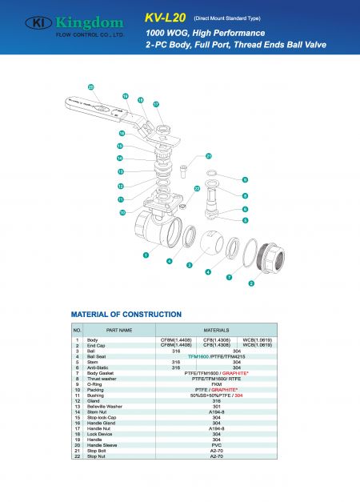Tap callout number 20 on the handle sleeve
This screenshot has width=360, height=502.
(90, 86)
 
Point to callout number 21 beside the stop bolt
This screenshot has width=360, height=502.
(209, 156)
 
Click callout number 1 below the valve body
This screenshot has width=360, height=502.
(146, 255)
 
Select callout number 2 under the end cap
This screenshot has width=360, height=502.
(251, 283)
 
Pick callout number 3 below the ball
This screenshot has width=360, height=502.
(189, 265)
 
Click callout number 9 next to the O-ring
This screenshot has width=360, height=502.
(245, 179)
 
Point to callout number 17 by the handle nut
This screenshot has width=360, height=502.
(156, 105)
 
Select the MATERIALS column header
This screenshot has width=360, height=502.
(216, 330)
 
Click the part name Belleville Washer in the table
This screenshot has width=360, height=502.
(111, 406)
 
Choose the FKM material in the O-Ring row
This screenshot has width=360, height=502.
(216, 384)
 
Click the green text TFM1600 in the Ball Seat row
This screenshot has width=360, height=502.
(198, 356)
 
